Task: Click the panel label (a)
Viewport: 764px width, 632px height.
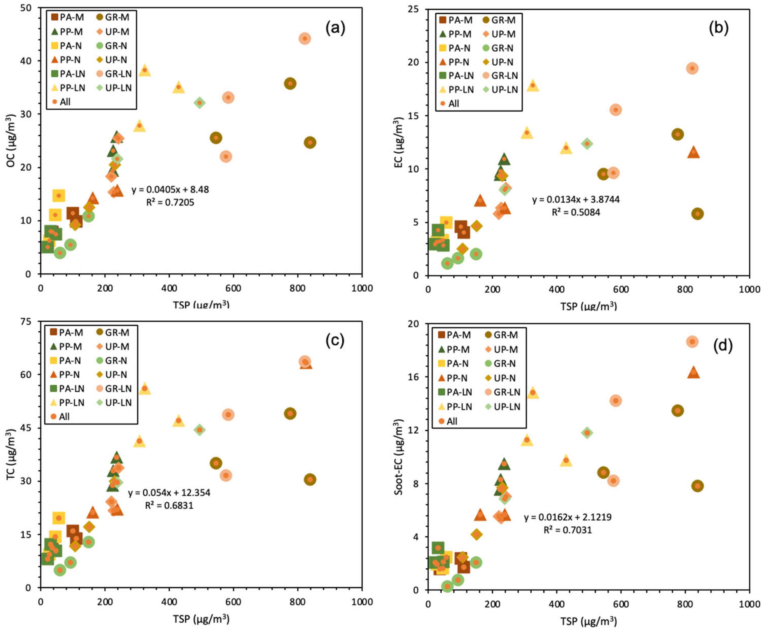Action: tap(335, 28)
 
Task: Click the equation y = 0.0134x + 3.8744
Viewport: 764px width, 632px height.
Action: tap(576, 199)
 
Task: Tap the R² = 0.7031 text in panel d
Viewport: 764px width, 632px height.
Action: tap(568, 530)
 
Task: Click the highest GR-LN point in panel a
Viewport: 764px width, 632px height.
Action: tap(305, 39)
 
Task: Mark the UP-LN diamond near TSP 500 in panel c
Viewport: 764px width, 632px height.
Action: tap(199, 430)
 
